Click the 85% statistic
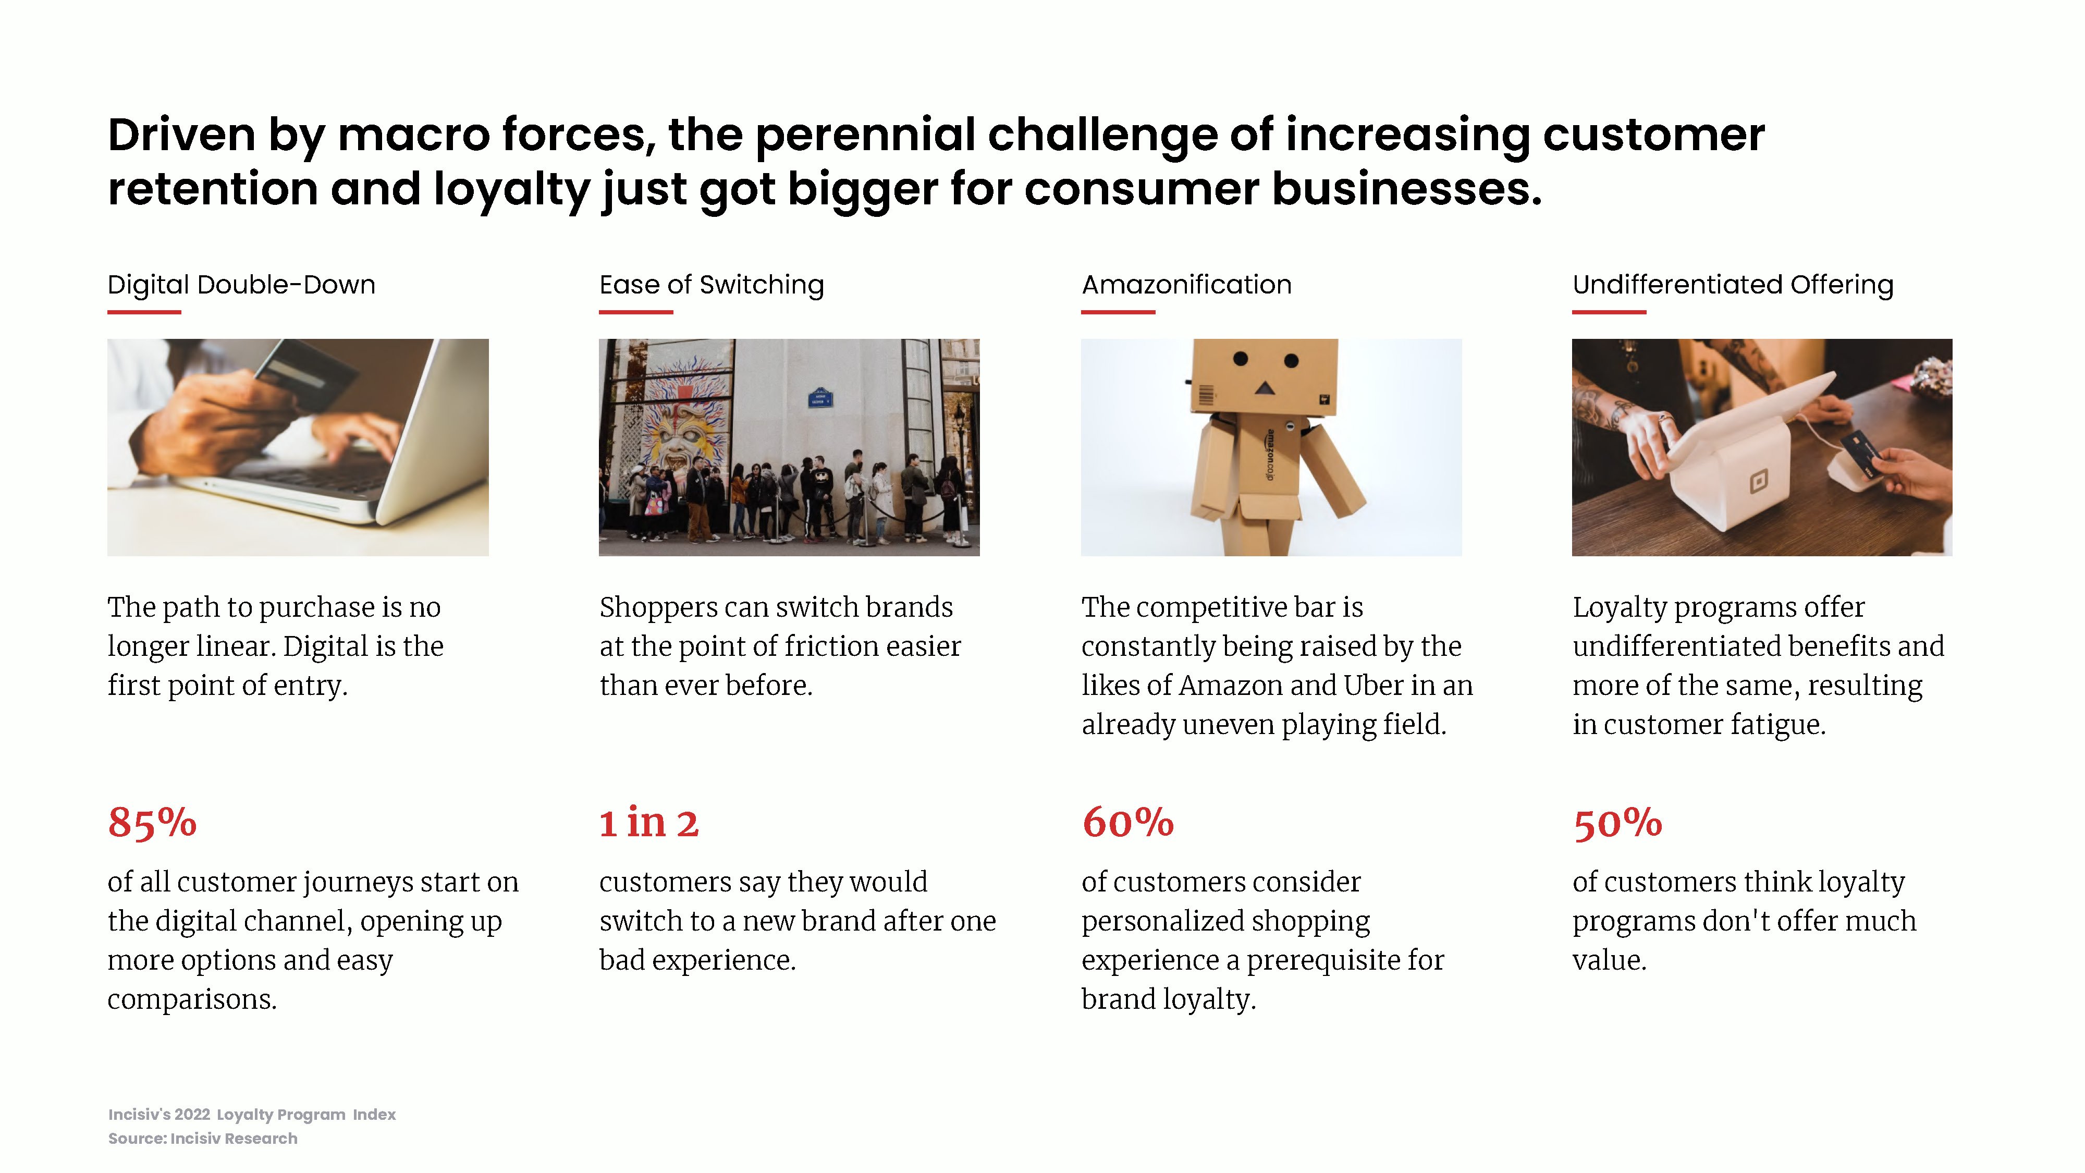(152, 823)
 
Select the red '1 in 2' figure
(648, 823)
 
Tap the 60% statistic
(1127, 823)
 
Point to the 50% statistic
(1617, 823)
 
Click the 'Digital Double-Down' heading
(241, 285)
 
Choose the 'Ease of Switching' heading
(712, 285)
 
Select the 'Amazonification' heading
(1186, 285)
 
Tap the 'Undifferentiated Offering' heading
(1733, 285)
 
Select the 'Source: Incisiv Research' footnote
(203, 1138)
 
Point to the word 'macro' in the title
(413, 135)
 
